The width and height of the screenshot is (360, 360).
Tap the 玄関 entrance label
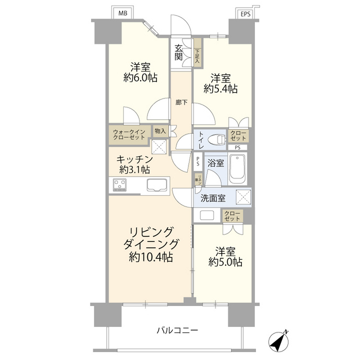pyautogui.click(x=179, y=52)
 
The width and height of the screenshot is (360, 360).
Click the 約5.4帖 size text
pyautogui.click(x=220, y=89)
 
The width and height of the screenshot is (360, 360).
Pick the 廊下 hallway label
pyautogui.click(x=182, y=102)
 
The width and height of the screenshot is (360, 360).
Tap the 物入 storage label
pyautogui.click(x=160, y=132)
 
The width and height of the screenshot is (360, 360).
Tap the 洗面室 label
pyautogui.click(x=214, y=198)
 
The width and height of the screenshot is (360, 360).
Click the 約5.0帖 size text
pyautogui.click(x=225, y=262)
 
